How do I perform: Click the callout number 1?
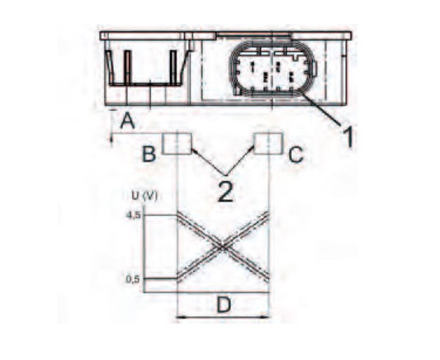coord(348,136)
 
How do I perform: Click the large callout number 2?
coord(226,192)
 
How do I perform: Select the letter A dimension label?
coord(128,121)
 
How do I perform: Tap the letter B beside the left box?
coord(149,154)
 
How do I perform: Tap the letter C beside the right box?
coord(296,155)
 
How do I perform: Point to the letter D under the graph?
coord(224,305)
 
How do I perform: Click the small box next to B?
coord(177,144)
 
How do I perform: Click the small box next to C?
coord(268,144)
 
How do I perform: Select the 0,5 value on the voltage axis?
coord(133,279)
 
